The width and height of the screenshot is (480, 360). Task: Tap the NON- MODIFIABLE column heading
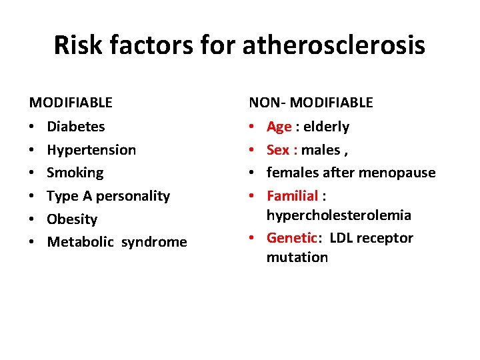click(x=311, y=103)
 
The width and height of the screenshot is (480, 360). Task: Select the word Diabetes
click(x=76, y=126)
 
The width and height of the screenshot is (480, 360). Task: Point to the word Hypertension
click(x=91, y=149)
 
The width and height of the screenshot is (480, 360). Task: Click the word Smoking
click(x=75, y=173)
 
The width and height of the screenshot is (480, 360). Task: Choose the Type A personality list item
click(x=108, y=196)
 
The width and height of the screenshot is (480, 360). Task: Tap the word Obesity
click(x=72, y=219)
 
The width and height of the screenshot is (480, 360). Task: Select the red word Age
click(x=279, y=127)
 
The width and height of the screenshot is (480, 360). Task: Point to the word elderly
click(x=326, y=126)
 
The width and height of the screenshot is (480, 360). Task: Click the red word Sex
click(x=278, y=149)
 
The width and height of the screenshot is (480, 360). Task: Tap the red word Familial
click(x=292, y=196)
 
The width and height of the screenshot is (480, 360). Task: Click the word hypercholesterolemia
click(x=339, y=215)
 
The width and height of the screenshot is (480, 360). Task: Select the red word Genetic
click(x=291, y=238)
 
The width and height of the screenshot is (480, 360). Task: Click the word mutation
click(x=297, y=257)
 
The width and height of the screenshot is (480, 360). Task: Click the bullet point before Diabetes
click(x=32, y=127)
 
